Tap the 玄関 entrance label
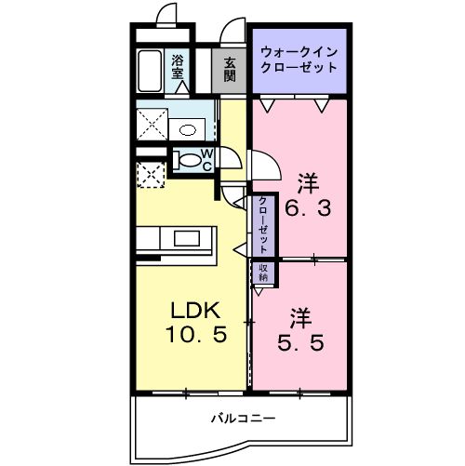(x=228, y=67)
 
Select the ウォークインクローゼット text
(x=299, y=60)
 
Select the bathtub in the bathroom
(x=152, y=71)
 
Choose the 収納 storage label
(x=262, y=272)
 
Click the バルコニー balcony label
(x=242, y=418)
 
